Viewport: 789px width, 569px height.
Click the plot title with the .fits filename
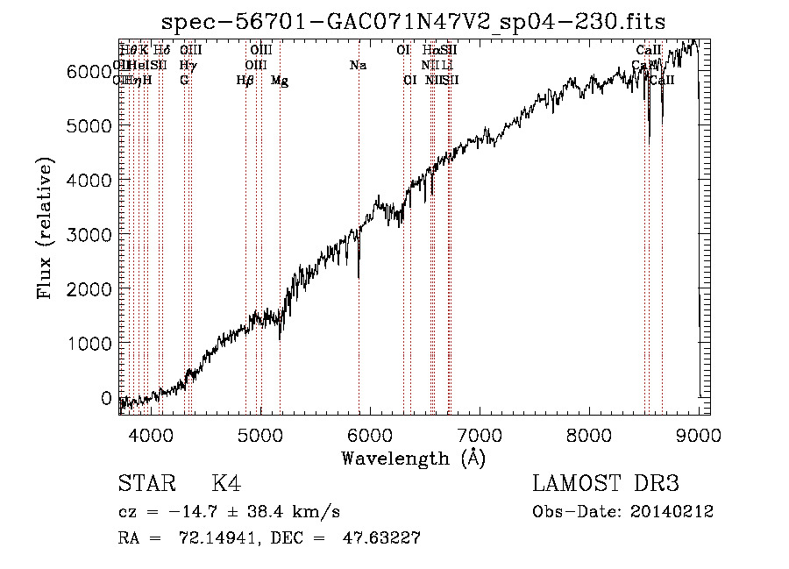414,23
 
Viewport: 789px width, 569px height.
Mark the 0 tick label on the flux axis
106,398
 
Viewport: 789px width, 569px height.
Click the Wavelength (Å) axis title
413,458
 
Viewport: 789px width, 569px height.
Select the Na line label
358,65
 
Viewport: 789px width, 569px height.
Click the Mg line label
280,81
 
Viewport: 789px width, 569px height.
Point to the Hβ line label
245,81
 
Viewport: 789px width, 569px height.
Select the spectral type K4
225,484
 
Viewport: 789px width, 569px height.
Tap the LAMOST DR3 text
605,484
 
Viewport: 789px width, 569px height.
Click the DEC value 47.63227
379,538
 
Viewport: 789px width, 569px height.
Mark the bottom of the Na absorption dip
359,277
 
